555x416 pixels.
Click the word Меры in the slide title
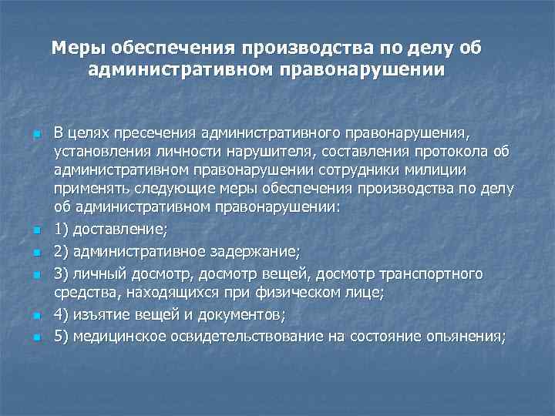79,49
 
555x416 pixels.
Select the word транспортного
435,273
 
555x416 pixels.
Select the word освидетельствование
258,335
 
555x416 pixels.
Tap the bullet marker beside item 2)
37,252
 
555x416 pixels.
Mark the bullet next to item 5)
37,337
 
